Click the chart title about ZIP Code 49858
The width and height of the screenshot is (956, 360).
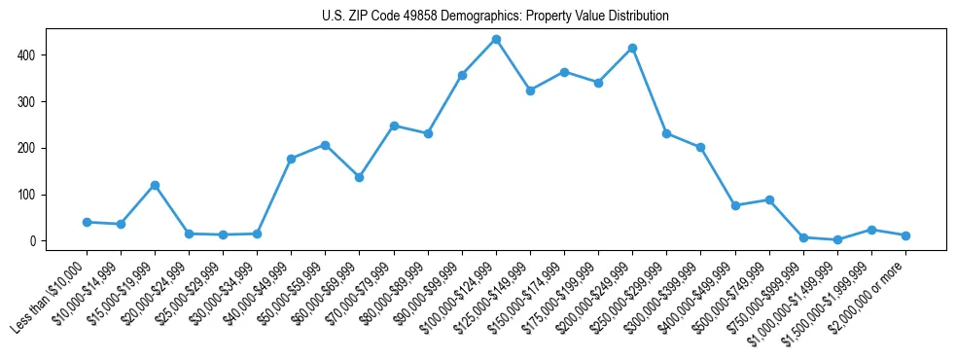tap(495, 17)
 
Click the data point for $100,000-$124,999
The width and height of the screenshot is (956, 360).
tap(496, 40)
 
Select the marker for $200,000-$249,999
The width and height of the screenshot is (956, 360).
tap(632, 48)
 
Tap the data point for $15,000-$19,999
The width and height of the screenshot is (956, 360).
tap(155, 185)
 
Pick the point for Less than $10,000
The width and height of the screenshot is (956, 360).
tap(87, 222)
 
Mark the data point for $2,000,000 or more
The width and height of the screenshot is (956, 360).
tap(905, 235)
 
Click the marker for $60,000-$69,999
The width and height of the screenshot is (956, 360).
tap(359, 177)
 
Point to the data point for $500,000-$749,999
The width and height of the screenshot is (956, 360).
tap(769, 199)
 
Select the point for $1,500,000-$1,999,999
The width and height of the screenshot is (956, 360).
tap(871, 230)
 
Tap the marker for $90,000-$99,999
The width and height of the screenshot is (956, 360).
tap(462, 75)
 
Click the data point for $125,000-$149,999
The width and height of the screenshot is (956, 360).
tap(530, 90)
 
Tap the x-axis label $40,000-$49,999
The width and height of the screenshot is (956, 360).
tap(258, 295)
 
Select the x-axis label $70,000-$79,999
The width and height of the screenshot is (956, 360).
tap(360, 295)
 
